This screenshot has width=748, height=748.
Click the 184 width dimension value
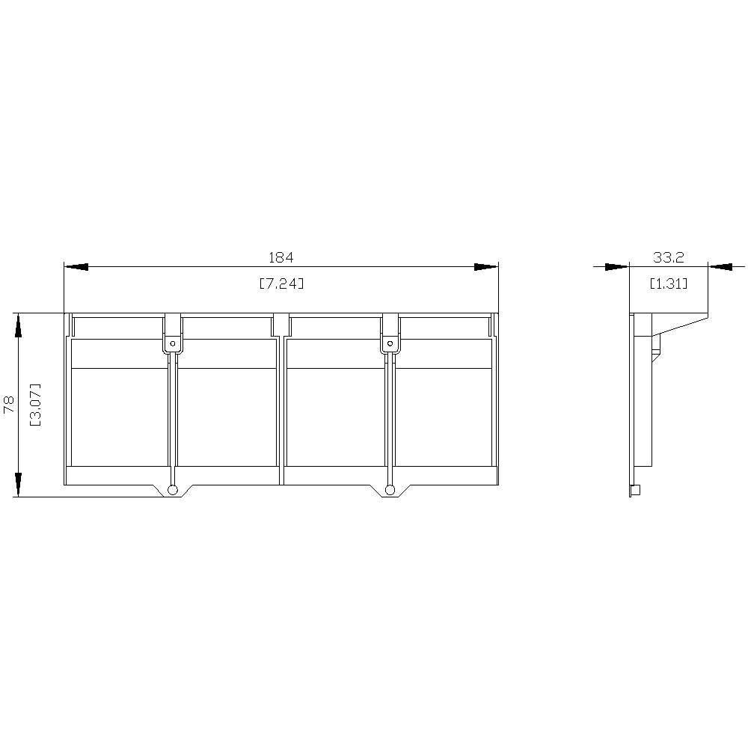pos(281,257)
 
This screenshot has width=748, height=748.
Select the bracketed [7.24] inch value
pos(281,283)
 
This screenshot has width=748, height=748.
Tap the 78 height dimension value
pos(9,405)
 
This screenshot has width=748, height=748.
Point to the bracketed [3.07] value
pos(35,405)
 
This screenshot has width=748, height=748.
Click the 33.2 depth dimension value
pos(668,257)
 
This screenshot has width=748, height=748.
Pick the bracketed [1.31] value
pos(669,283)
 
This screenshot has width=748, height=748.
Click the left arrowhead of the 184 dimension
pos(76,267)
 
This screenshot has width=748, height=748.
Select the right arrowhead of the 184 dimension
pos(486,267)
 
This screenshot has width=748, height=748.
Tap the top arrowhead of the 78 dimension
pos(18,325)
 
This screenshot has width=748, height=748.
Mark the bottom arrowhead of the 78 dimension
pos(18,485)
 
